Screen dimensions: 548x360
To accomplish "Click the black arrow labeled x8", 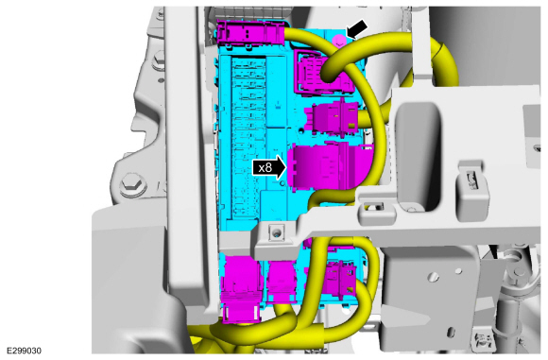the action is click(x=270, y=168).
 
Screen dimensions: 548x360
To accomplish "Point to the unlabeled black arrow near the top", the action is click(x=357, y=28).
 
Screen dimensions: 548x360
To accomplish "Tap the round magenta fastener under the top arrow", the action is click(x=338, y=41).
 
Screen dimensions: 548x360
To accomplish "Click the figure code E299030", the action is click(x=24, y=351).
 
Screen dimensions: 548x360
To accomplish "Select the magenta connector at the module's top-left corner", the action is click(x=251, y=32).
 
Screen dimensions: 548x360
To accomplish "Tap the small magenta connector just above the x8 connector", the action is click(x=332, y=116).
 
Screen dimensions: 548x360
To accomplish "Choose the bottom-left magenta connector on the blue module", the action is click(x=242, y=287).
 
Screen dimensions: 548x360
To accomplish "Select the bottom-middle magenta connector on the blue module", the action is click(x=282, y=281).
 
